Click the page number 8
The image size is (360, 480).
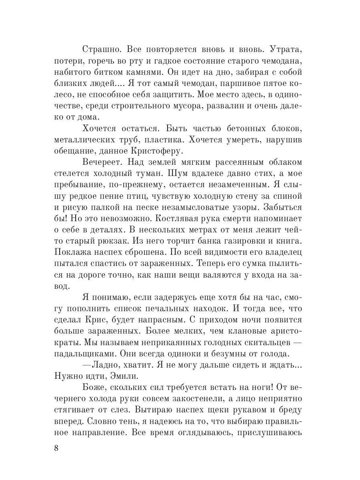(56, 447)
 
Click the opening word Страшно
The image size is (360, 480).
(101, 50)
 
